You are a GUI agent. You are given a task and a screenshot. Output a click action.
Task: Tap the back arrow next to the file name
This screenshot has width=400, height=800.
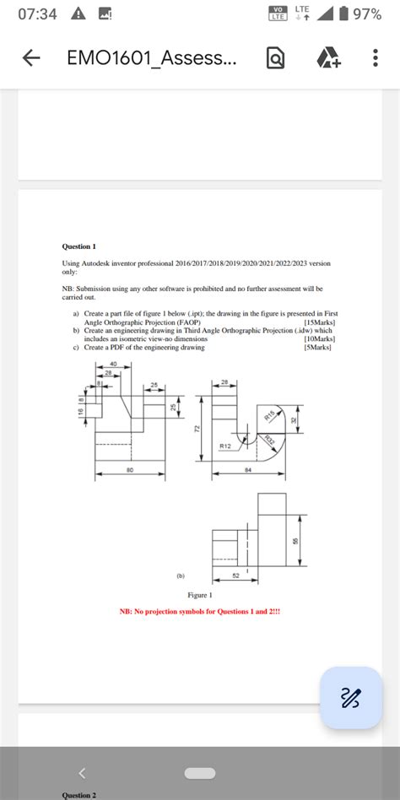pyautogui.click(x=31, y=58)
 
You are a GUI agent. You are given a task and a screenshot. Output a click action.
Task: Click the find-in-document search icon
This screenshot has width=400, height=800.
pyautogui.click(x=276, y=58)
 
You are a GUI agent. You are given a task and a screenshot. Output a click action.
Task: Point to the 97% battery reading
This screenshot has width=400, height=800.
pyautogui.click(x=366, y=15)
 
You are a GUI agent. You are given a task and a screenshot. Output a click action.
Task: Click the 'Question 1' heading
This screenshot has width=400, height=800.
pyautogui.click(x=79, y=246)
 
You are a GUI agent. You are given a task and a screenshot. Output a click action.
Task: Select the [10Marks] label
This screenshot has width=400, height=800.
pyautogui.click(x=318, y=338)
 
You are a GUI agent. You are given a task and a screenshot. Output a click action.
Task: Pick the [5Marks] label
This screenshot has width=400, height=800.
pyautogui.click(x=319, y=347)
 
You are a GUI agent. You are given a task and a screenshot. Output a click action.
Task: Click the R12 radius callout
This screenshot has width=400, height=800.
pyautogui.click(x=225, y=445)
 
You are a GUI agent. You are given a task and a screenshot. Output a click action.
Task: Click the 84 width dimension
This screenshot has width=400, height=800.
pyautogui.click(x=248, y=470)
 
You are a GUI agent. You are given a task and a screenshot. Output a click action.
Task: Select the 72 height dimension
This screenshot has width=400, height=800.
pyautogui.click(x=196, y=429)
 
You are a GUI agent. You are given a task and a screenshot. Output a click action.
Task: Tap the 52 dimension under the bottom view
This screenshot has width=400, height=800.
pyautogui.click(x=235, y=575)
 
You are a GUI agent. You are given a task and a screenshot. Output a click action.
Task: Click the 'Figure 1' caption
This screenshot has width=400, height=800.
pyautogui.click(x=199, y=595)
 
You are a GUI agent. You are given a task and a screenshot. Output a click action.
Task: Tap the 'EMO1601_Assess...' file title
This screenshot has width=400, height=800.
pyautogui.click(x=152, y=58)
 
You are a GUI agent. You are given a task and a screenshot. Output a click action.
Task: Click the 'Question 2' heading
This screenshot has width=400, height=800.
pyautogui.click(x=79, y=795)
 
